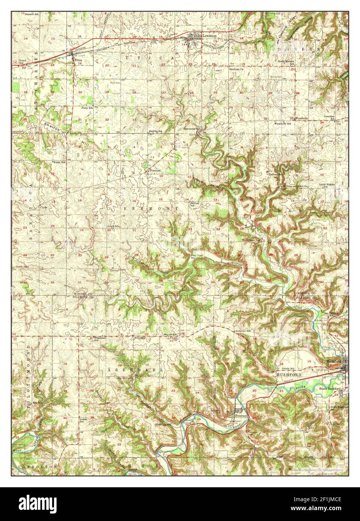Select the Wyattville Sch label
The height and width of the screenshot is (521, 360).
click(x=284, y=123)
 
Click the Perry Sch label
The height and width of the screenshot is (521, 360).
click(x=87, y=108)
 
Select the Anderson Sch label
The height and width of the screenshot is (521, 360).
click(x=242, y=331)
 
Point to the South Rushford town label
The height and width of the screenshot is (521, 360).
click(x=330, y=389)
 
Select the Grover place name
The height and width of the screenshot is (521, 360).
click(x=114, y=270)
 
